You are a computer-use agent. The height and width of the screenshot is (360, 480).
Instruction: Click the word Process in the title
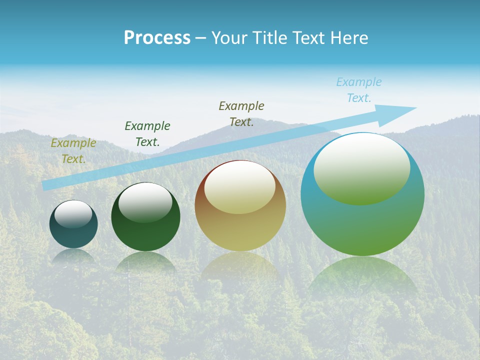[157, 38]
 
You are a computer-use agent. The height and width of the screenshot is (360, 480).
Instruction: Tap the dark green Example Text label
[147, 133]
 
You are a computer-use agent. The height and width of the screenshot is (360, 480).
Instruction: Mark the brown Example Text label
[241, 113]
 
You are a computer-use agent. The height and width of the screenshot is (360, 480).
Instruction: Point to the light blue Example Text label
[358, 90]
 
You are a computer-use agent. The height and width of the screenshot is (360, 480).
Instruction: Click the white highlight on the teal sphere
[73, 214]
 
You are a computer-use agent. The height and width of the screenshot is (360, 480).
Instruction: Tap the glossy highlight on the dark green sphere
[145, 202]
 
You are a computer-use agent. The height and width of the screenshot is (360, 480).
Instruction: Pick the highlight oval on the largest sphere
[361, 169]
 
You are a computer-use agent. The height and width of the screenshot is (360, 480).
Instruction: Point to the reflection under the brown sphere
[240, 267]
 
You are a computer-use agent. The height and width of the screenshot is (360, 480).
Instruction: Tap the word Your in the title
[228, 38]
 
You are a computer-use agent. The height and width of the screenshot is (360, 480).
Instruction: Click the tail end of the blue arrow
[46, 185]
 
